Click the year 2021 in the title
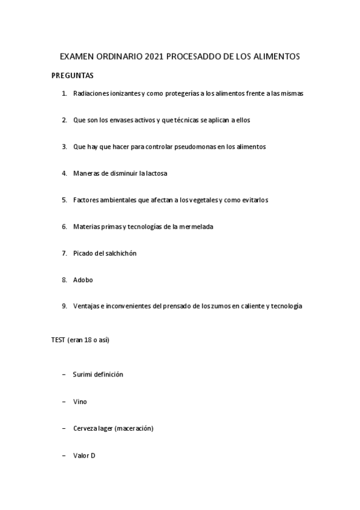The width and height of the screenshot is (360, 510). tap(154, 57)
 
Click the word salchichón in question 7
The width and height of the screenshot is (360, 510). tap(120, 253)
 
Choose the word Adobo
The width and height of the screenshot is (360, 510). tap(83, 280)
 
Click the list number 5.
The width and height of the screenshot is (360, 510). tap(64, 200)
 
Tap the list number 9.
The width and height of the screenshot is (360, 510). tap(64, 306)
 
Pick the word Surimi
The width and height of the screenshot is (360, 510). tap(83, 374)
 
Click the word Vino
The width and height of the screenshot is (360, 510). tap(80, 401)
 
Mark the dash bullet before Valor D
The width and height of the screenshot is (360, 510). tap(64, 455)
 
